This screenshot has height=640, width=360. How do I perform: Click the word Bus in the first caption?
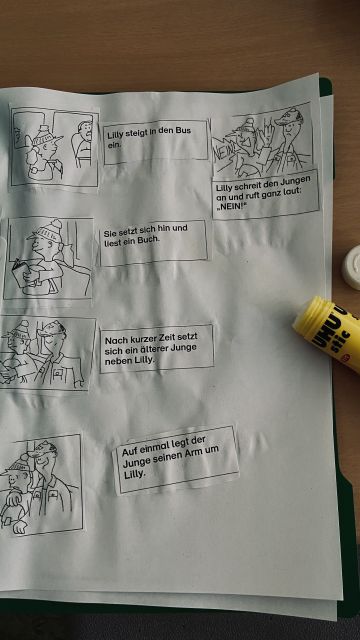(x=183, y=131)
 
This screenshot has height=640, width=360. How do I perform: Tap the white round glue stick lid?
(x=351, y=269)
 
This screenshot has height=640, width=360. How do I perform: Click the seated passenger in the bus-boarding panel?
(x=82, y=143)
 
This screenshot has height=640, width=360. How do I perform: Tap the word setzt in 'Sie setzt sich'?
(x=125, y=233)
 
